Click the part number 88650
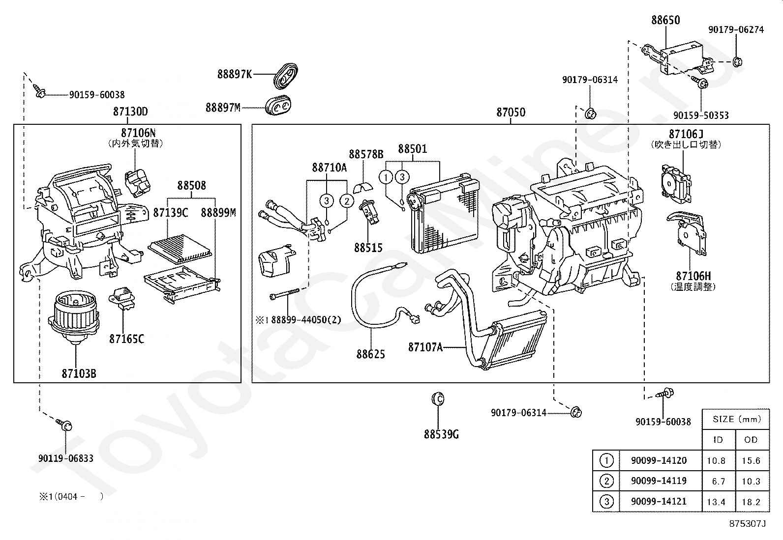[x=665, y=20]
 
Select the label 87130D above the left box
[x=130, y=112]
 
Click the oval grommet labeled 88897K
[x=285, y=76]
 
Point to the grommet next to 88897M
[x=278, y=105]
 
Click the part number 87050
[x=511, y=112]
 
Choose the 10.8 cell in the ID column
[x=716, y=461]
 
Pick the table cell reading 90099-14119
[x=659, y=481]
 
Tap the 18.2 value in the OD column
[x=751, y=502]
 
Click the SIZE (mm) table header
[x=737, y=419]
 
